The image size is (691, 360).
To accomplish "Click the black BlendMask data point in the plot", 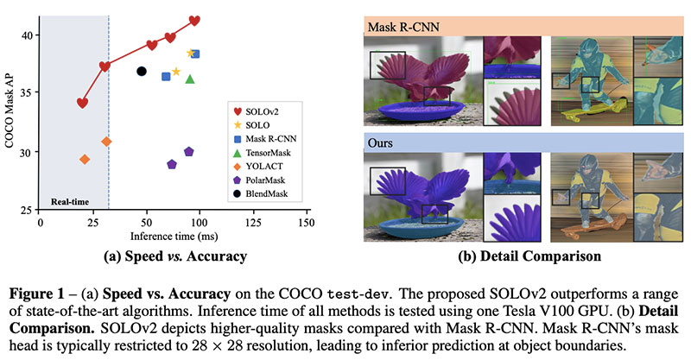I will pyautogui.click(x=142, y=71).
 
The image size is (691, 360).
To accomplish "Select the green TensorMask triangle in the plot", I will pyautogui.click(x=190, y=79).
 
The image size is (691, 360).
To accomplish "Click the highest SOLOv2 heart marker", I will pyautogui.click(x=194, y=20).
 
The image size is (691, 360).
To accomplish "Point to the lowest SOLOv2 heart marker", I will pyautogui.click(x=82, y=103).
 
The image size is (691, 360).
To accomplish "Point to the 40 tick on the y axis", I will pyautogui.click(x=29, y=35).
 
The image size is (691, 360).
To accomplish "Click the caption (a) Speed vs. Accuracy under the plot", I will pyautogui.click(x=174, y=256).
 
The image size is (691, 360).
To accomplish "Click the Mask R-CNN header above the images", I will pyautogui.click(x=402, y=26).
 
